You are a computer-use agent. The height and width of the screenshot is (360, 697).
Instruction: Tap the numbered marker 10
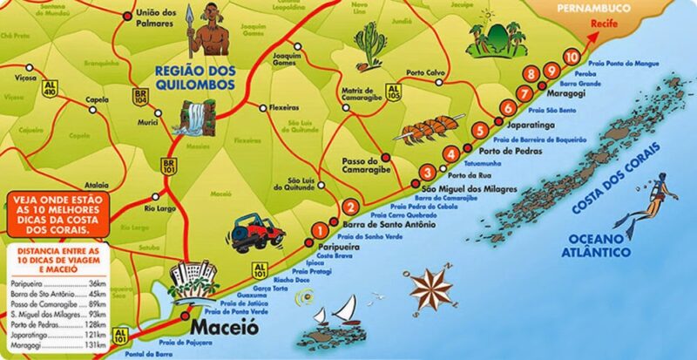click(570, 58)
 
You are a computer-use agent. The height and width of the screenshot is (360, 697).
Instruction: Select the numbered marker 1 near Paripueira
click(320, 230)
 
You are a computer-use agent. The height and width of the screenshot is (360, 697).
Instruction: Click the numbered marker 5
click(479, 132)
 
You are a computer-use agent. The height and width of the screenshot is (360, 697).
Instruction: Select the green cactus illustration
click(369, 48)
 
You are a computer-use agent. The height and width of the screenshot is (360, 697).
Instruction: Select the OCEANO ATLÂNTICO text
click(598, 245)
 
